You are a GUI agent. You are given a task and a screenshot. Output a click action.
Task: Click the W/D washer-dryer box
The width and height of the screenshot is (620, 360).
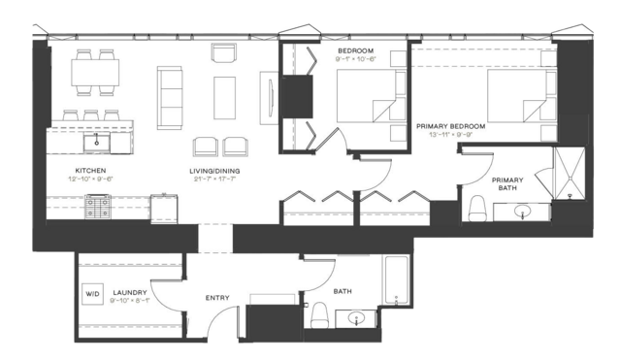coord(92,294)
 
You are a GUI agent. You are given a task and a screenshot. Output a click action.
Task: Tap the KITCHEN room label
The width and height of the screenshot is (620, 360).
coord(90,171)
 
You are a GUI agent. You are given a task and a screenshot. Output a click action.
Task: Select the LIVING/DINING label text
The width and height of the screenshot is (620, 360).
coord(214,171)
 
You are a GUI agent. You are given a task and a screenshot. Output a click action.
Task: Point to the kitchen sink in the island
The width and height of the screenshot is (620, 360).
coord(96,142)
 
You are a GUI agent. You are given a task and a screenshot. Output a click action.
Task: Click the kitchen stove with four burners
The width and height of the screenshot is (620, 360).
coord(98,207)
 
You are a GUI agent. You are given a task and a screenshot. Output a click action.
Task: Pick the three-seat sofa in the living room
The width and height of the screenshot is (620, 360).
coord(170,98)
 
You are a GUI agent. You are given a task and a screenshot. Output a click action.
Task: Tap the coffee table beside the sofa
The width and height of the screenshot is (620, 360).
coord(224,98)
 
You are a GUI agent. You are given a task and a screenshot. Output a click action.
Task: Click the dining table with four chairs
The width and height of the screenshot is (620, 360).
coord(95,73)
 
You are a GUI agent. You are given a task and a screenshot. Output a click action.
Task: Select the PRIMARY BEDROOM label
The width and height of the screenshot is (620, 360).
coord(451,126)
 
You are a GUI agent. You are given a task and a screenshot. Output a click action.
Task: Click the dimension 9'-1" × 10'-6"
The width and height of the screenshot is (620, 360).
coord(355,59)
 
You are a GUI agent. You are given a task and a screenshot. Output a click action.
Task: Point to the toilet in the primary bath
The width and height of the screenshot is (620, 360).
coord(476,208)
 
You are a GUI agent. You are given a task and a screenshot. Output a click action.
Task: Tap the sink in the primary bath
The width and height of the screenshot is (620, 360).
coord(522,212)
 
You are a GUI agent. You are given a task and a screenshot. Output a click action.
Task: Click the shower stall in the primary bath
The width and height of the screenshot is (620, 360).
coord(570,173)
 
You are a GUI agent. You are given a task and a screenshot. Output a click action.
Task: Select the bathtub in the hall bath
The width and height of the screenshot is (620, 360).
coord(396,280)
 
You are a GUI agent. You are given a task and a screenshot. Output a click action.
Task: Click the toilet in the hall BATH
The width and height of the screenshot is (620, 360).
coord(320,315)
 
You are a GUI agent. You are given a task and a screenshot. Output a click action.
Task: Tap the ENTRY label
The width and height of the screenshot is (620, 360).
coord(217,298)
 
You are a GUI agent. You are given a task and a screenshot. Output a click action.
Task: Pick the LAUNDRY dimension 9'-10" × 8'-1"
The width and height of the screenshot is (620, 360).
coord(130,300)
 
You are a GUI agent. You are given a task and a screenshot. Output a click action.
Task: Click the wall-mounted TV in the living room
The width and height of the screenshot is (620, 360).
coord(271,98)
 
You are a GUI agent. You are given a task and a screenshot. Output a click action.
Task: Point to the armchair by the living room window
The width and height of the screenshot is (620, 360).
coord(224,53)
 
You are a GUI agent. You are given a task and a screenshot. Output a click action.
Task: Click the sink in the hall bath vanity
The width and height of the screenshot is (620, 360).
coord(357,318)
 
